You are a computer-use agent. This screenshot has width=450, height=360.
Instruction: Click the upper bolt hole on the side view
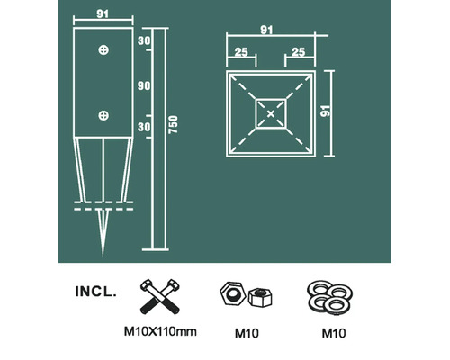point(103,49)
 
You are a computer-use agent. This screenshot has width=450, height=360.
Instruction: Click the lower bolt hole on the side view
point(103,115)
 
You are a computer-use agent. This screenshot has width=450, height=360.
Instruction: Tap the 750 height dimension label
point(173,124)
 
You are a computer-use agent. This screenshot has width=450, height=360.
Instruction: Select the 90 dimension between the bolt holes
point(144,86)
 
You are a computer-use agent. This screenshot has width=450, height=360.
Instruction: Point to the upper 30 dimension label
point(144,40)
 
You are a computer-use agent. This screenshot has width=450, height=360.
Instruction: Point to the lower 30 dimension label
point(144,127)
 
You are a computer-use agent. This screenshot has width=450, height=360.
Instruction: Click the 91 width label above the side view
point(103,13)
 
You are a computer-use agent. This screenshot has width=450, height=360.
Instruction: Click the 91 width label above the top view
point(266,30)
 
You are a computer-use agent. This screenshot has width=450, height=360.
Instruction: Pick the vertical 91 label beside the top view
point(325,111)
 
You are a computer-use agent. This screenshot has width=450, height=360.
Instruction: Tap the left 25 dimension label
point(241,52)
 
